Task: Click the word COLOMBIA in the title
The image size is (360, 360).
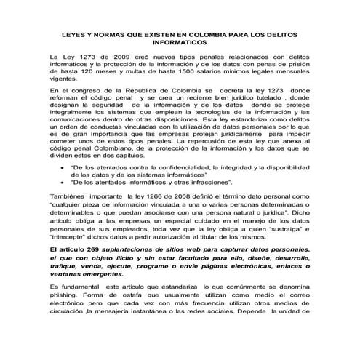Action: pyautogui.click(x=209, y=35)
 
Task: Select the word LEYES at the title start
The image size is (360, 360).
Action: pyautogui.click(x=71, y=35)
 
